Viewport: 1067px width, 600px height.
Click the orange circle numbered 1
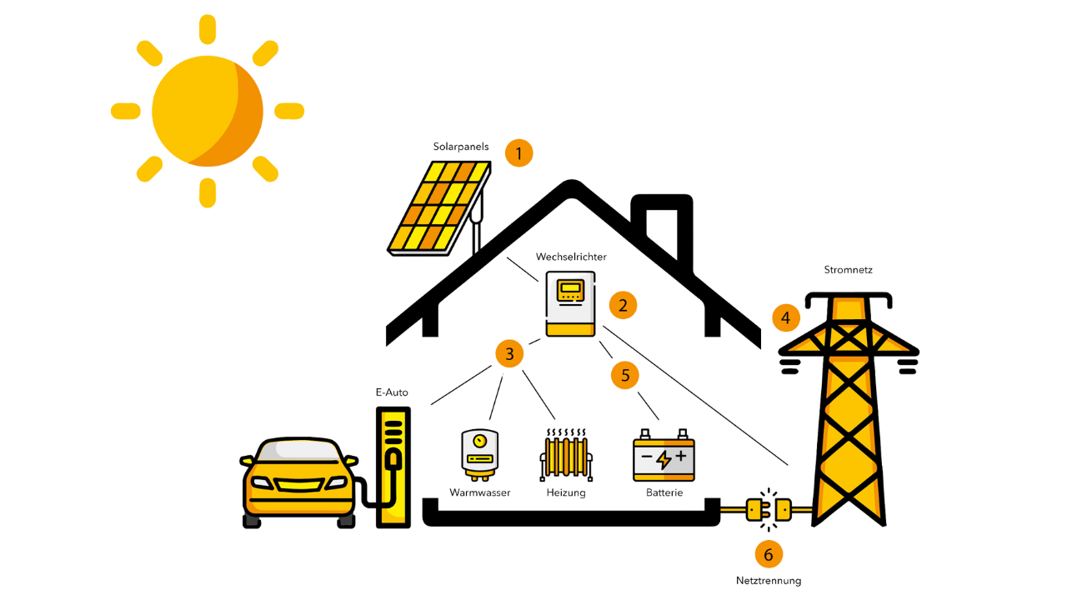(518, 152)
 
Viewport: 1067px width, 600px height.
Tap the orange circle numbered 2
(623, 305)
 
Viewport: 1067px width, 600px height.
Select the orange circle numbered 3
(509, 354)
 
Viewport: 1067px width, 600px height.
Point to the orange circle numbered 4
(786, 317)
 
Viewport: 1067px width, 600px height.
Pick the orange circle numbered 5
(625, 375)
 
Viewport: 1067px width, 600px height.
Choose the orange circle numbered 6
(769, 554)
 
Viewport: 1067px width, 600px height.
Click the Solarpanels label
(461, 147)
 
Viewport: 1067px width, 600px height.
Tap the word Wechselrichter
(571, 257)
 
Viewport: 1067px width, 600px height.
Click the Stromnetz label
(849, 270)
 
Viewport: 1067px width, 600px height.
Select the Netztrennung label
(769, 581)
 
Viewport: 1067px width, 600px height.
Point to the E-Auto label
(392, 392)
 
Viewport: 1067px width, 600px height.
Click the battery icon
(664, 455)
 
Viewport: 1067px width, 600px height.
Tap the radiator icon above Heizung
(566, 455)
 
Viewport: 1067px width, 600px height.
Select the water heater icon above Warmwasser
(479, 455)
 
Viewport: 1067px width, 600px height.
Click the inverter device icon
(571, 304)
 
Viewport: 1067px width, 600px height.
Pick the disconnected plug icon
(769, 509)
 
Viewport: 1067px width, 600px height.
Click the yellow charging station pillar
(393, 467)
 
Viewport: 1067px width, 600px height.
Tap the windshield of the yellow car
(298, 451)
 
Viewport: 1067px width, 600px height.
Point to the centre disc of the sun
(208, 111)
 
